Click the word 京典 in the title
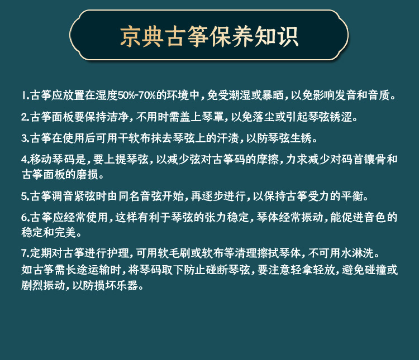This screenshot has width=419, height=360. [142, 36]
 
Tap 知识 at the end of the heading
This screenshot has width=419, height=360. [277, 36]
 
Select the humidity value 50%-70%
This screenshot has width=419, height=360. [136, 95]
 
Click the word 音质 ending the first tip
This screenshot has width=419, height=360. [379, 95]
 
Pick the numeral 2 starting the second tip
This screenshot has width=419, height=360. [25, 117]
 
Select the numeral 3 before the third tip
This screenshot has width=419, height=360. [25, 138]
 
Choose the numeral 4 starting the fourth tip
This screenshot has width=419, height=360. [25, 160]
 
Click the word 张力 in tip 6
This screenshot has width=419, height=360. [216, 217]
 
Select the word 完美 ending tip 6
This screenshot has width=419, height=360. [65, 232]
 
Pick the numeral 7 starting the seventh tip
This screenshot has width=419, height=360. [25, 253]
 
